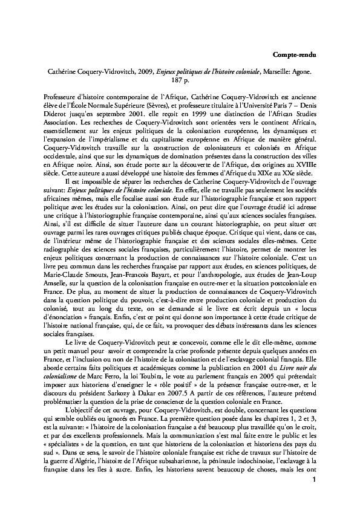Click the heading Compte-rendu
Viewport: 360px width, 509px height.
point(292,55)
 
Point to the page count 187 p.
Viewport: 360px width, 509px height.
point(180,80)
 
